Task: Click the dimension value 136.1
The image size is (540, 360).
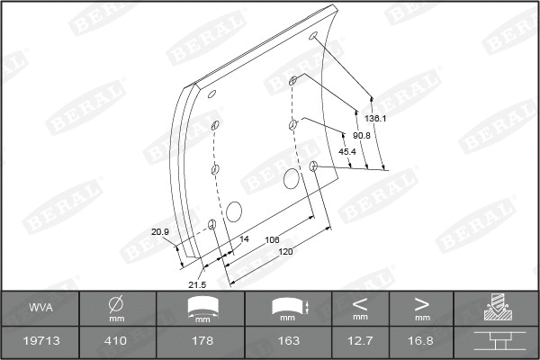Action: pos(376,118)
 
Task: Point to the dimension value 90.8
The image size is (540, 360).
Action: pos(362,135)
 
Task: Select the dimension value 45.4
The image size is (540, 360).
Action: pos(347,151)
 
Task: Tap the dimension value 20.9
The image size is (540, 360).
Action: pos(160,232)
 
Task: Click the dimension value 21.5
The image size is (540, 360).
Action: pos(196,284)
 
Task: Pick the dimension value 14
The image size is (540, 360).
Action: pos(244,239)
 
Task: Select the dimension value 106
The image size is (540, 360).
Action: pos(273,239)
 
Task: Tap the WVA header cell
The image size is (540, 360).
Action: pos(40,308)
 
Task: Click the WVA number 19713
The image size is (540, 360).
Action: pos(40,341)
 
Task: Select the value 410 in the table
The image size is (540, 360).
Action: pos(116,341)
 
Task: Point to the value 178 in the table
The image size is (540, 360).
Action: pos(203,341)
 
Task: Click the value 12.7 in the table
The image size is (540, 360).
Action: pos(360,341)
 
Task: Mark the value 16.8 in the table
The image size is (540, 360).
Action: pos(421,341)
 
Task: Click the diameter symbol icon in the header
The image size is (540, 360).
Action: pos(116,303)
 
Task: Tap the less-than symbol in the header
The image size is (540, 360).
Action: pos(360,302)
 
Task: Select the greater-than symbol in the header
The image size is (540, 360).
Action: pos(421,302)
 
